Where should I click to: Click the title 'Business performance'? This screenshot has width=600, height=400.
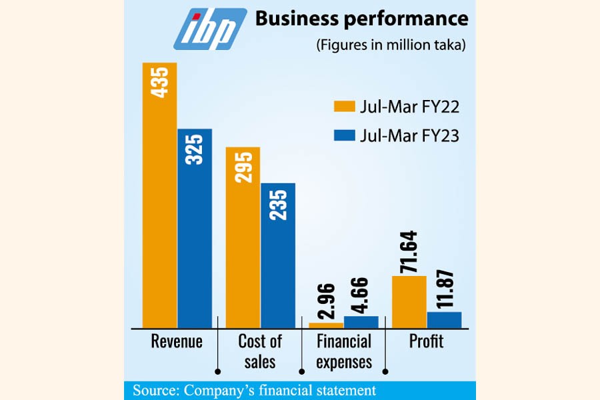[x=361, y=19]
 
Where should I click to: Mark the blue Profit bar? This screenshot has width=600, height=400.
[x=444, y=319]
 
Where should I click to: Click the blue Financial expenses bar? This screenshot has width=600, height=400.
[x=361, y=321]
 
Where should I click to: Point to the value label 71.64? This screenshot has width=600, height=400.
[x=409, y=251]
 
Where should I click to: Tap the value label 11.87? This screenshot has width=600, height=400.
[x=444, y=288]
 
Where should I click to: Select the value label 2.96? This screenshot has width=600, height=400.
[x=326, y=304]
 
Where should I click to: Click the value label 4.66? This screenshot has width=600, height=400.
[x=361, y=297]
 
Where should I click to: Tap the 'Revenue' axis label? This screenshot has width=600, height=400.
[x=177, y=342]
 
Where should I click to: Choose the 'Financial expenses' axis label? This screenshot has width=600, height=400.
[x=343, y=351]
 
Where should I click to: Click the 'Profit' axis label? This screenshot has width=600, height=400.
[x=426, y=342]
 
